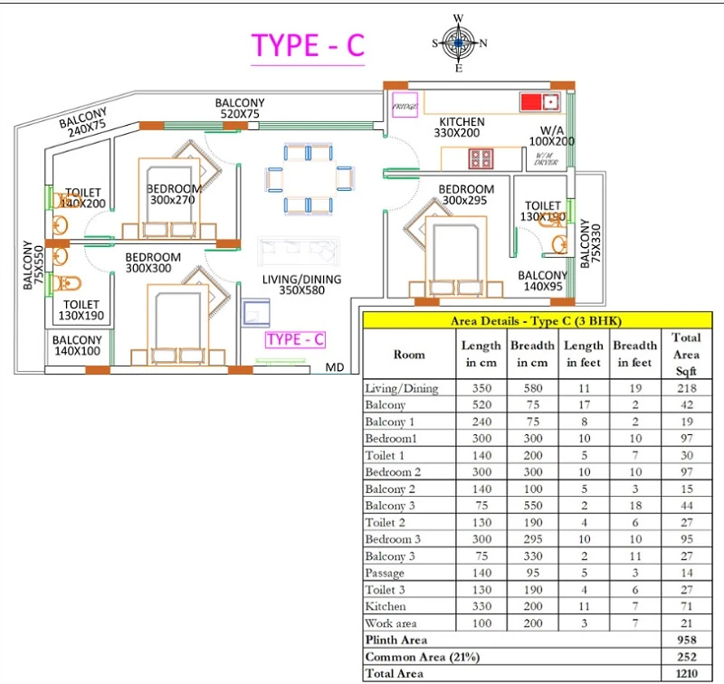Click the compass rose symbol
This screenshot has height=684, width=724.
point(459,43)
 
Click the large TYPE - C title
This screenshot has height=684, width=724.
point(307,45)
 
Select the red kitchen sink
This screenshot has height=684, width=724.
point(539,100)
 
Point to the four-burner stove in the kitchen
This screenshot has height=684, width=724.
point(481,159)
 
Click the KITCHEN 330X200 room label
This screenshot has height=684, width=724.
point(462,128)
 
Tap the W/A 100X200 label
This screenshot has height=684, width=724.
point(551,135)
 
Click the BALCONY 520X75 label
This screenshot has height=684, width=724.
point(239,109)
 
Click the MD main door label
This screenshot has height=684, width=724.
point(335,368)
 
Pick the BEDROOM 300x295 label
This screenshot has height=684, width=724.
point(466,195)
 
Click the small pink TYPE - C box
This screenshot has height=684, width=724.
point(295,339)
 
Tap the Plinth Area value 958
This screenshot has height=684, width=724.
point(686,640)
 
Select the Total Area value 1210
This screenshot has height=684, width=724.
point(686,673)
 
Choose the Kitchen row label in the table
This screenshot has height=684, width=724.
point(385,606)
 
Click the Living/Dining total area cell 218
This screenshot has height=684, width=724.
point(686,388)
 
